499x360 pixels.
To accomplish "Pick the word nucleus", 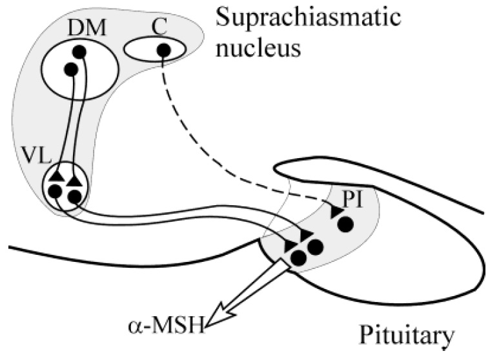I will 258,48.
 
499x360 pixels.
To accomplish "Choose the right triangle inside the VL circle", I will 76,175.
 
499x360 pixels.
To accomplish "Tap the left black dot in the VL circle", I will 56,191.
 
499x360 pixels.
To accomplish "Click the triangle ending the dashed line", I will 334,211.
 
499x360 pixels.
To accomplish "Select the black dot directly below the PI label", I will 345,224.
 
